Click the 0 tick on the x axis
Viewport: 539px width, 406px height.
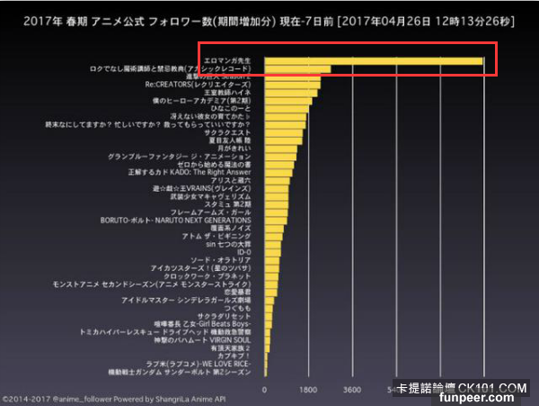point(264,391)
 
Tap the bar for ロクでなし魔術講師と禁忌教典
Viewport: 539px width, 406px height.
point(297,69)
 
